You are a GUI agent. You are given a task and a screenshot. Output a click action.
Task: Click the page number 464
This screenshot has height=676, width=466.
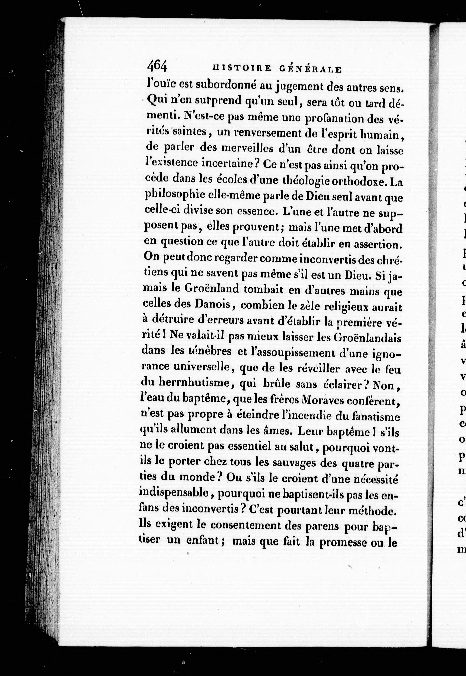[x=157, y=67]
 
